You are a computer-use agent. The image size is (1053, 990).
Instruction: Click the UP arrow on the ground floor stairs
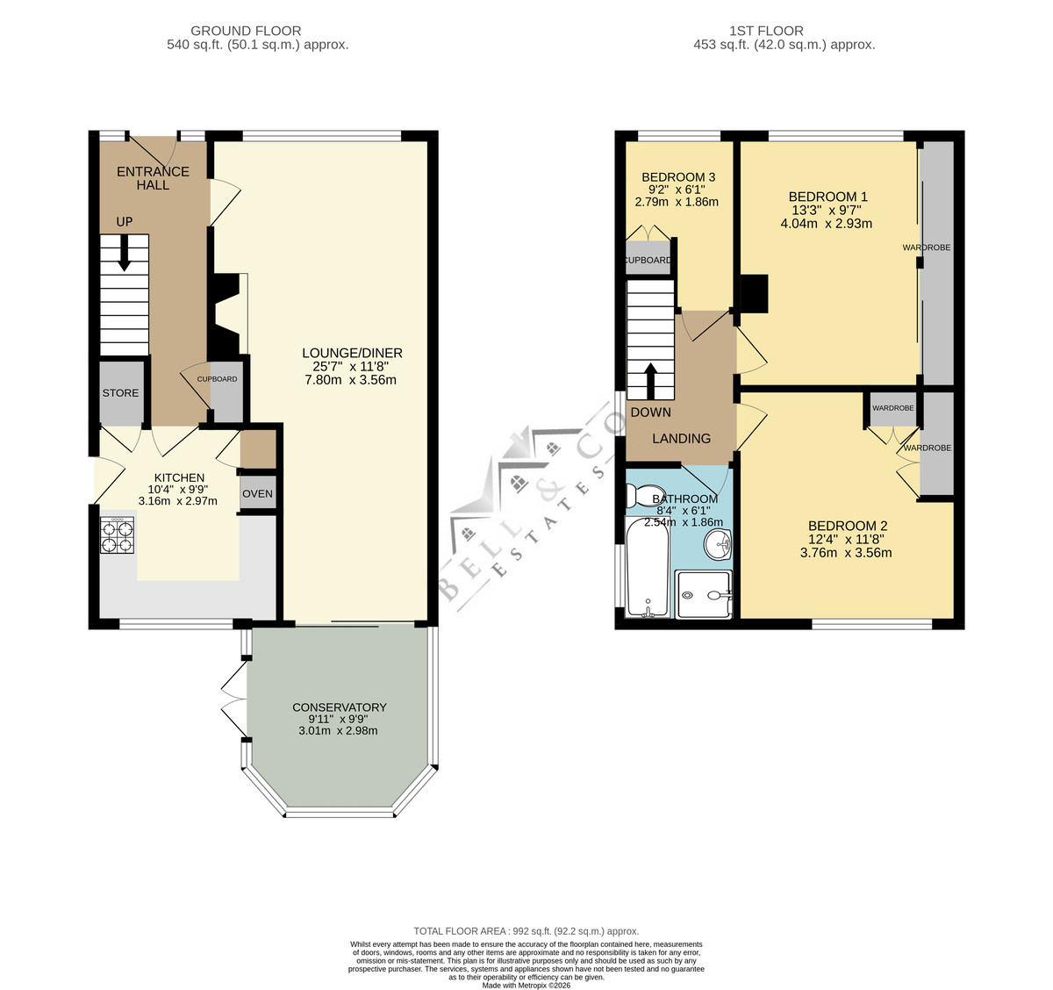point(124,253)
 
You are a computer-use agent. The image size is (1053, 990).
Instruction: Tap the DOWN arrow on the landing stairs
point(650,381)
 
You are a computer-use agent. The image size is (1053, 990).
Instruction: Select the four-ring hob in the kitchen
point(117,535)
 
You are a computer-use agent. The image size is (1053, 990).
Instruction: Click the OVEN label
point(257,493)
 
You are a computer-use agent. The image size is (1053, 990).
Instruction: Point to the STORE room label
point(120,392)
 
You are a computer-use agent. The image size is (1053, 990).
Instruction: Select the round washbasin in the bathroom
point(718,543)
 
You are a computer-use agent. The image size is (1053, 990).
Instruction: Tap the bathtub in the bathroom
point(648,567)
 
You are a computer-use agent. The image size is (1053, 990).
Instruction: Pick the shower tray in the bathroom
point(704,594)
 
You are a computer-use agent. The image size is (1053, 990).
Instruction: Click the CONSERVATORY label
point(340,707)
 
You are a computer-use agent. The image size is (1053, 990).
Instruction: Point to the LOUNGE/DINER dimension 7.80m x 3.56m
point(350,380)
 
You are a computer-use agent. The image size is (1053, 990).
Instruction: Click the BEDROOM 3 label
point(678,177)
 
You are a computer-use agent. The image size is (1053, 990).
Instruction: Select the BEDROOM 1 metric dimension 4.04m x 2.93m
point(826,223)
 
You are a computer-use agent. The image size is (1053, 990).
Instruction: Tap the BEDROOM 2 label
point(848,526)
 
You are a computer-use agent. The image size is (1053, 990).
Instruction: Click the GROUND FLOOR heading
point(246,31)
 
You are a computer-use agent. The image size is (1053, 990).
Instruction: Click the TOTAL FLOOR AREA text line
point(526,931)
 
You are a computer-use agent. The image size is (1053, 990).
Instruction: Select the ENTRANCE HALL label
point(153,178)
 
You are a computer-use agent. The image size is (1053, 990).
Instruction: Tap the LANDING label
point(681,438)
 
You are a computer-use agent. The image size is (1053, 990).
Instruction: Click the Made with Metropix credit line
point(526,986)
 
